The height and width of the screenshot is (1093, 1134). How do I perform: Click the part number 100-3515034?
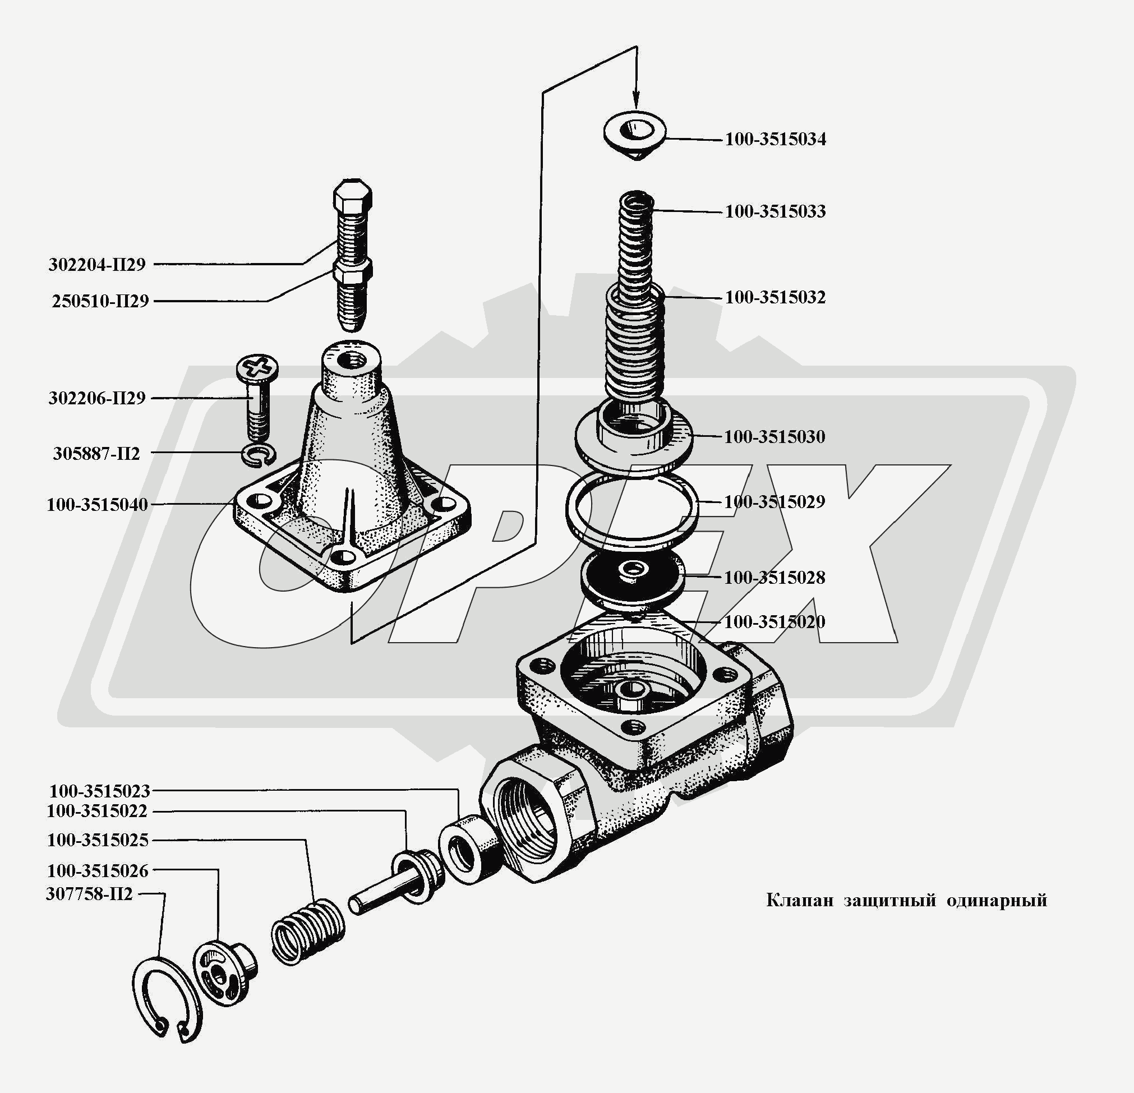coord(775,140)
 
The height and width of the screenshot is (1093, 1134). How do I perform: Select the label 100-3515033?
coord(775,211)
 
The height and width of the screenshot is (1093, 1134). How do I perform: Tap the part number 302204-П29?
coord(97,265)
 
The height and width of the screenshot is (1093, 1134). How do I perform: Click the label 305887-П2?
coord(96,453)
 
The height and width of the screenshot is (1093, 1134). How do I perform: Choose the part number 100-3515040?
coord(97,505)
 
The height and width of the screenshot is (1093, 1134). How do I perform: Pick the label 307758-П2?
coord(90,894)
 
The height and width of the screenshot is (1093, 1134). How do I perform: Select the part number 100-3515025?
coord(98,840)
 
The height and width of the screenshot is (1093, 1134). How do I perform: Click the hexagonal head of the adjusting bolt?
coord(353,196)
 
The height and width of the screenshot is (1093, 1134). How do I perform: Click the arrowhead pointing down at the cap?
coord(637,102)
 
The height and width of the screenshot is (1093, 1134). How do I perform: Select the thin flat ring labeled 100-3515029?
coord(632,510)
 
